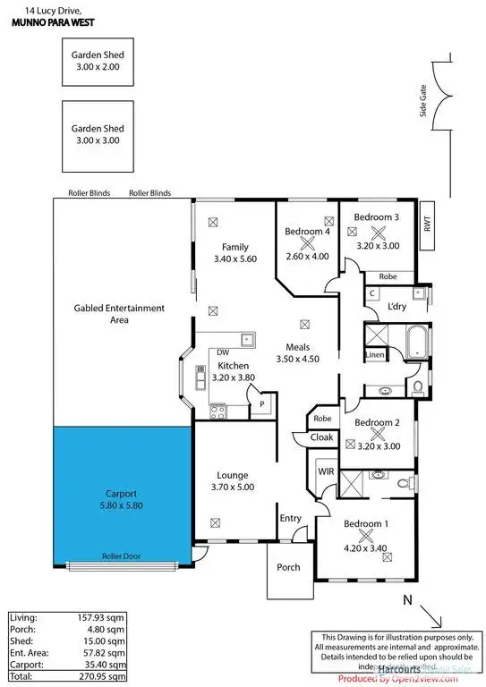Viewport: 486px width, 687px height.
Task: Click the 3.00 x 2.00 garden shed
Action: (x=98, y=60)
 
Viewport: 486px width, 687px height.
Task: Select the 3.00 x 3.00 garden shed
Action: (x=98, y=135)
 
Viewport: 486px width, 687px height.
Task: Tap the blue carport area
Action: (x=122, y=496)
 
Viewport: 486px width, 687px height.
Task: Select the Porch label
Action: (x=288, y=567)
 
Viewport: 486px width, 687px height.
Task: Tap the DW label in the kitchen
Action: (x=222, y=353)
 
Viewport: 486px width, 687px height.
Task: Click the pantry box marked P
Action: (x=261, y=403)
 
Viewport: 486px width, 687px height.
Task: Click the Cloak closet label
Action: (x=322, y=438)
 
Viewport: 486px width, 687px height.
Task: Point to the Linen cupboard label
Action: (x=375, y=355)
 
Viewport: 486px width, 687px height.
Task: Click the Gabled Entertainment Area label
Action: (x=119, y=313)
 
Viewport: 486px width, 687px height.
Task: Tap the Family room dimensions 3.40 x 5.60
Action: (x=235, y=259)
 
